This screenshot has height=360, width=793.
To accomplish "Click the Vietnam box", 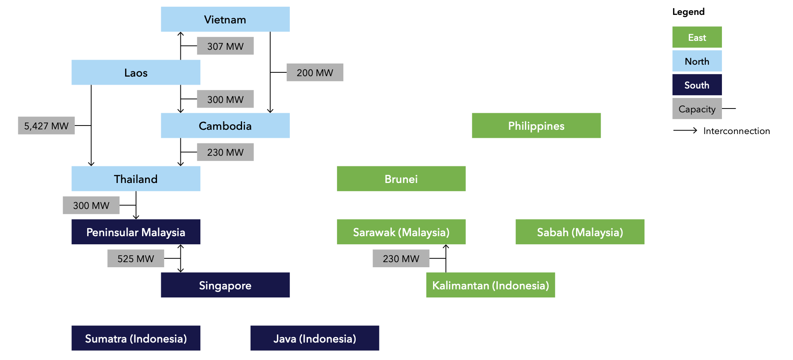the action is pos(225,19).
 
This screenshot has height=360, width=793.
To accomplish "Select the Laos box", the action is pos(136,72).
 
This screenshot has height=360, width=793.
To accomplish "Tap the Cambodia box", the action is pos(225,126).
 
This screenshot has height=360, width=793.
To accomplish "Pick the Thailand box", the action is pos(136,179).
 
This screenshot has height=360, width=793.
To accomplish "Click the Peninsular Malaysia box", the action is pos(136,232).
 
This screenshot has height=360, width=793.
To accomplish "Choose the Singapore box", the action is pos(225,285).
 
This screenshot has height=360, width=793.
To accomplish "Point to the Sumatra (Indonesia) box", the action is pos(136,338).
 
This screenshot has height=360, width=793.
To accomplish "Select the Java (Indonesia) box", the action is pos(315,338).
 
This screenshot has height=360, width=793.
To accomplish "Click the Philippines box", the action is pos(536,126).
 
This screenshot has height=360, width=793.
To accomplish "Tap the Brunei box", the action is pos(401,179).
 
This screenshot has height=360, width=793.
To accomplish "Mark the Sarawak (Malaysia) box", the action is pos(401,232).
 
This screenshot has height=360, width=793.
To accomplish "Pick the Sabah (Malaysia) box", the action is pos(580,232).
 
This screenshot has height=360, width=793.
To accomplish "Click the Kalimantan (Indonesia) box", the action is pos(491,285).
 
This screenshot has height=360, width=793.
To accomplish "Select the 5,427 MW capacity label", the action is pos(46,126).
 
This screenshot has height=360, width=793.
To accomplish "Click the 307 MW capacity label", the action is pos(225,46).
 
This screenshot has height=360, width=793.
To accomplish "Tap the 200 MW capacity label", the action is pos(315,72).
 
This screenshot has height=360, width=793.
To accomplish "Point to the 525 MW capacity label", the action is pos(136,258).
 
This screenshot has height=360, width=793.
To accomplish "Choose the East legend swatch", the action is pos(697,37).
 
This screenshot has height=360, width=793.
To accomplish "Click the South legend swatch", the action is pos(697,85).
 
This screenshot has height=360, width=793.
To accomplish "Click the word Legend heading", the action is pos(688,12).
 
